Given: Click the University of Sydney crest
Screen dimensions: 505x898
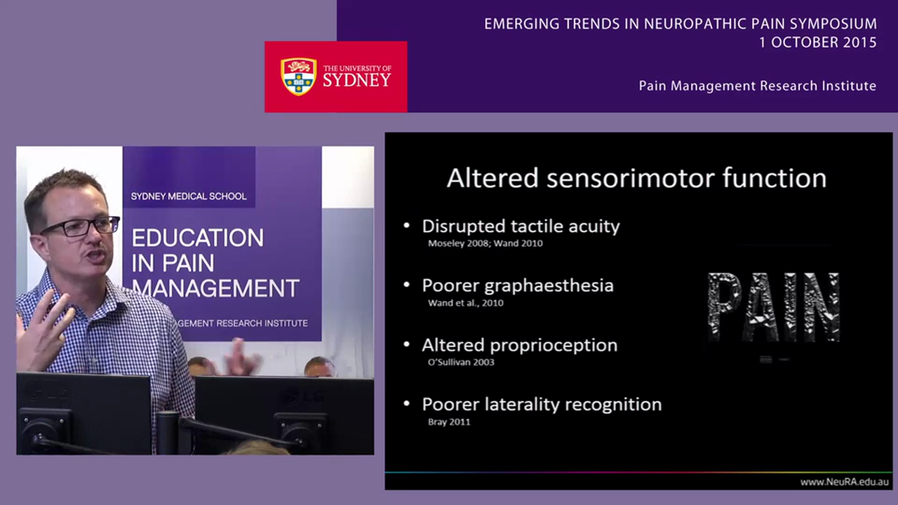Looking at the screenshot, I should click(x=298, y=76).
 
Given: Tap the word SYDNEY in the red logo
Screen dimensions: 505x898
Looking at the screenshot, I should click(x=356, y=80).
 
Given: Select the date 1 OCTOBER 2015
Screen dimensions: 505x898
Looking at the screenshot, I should click(x=817, y=43).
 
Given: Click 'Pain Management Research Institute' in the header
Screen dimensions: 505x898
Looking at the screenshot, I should click(x=757, y=86).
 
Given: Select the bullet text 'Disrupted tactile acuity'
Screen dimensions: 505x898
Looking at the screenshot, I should click(x=521, y=227).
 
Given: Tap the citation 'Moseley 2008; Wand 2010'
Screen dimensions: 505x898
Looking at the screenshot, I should click(x=485, y=243).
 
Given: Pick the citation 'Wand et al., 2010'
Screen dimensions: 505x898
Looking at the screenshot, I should click(x=465, y=303).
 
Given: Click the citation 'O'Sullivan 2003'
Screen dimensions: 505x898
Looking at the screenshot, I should click(x=461, y=362).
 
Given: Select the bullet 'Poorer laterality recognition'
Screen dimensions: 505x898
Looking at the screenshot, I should click(x=541, y=405).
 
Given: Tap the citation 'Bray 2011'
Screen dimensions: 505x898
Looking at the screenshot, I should click(x=449, y=422).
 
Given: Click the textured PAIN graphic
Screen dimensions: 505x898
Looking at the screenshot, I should click(x=773, y=307).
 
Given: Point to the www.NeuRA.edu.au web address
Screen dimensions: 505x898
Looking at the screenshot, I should click(x=844, y=482).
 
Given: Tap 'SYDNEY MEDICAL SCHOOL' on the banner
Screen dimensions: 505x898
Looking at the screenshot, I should click(x=189, y=196).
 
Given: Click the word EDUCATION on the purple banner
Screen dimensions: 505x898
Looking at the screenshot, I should click(x=198, y=238).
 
